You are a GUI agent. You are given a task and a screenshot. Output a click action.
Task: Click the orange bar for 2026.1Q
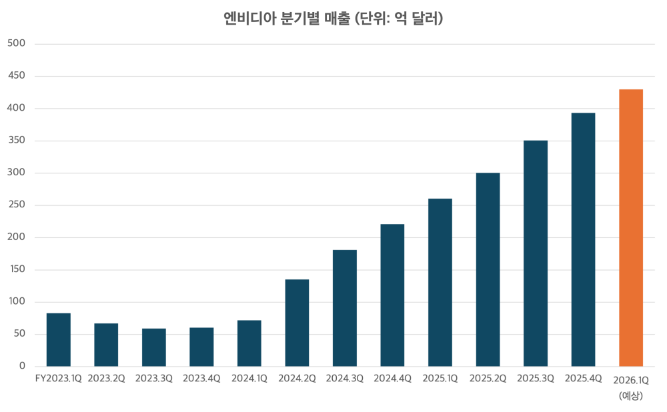click(631, 227)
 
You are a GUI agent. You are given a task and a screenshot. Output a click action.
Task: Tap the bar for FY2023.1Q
click(59, 339)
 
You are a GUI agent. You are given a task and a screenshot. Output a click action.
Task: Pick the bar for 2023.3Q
click(154, 347)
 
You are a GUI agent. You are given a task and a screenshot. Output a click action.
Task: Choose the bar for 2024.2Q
click(297, 323)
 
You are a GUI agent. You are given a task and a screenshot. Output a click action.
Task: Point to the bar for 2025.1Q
click(440, 282)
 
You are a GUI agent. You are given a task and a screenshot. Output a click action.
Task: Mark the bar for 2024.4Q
click(392, 295)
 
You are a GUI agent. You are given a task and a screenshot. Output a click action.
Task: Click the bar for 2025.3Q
click(536, 253)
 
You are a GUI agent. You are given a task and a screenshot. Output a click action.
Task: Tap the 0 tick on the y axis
click(22, 367)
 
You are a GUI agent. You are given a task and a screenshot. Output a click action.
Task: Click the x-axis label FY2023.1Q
click(58, 379)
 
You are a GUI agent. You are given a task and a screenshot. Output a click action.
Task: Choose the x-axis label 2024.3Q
click(344, 379)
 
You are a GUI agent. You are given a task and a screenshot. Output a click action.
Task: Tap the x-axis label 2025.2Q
click(488, 379)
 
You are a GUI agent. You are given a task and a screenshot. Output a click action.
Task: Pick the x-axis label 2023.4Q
click(201, 379)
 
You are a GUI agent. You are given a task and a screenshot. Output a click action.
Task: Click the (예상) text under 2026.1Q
click(630, 395)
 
